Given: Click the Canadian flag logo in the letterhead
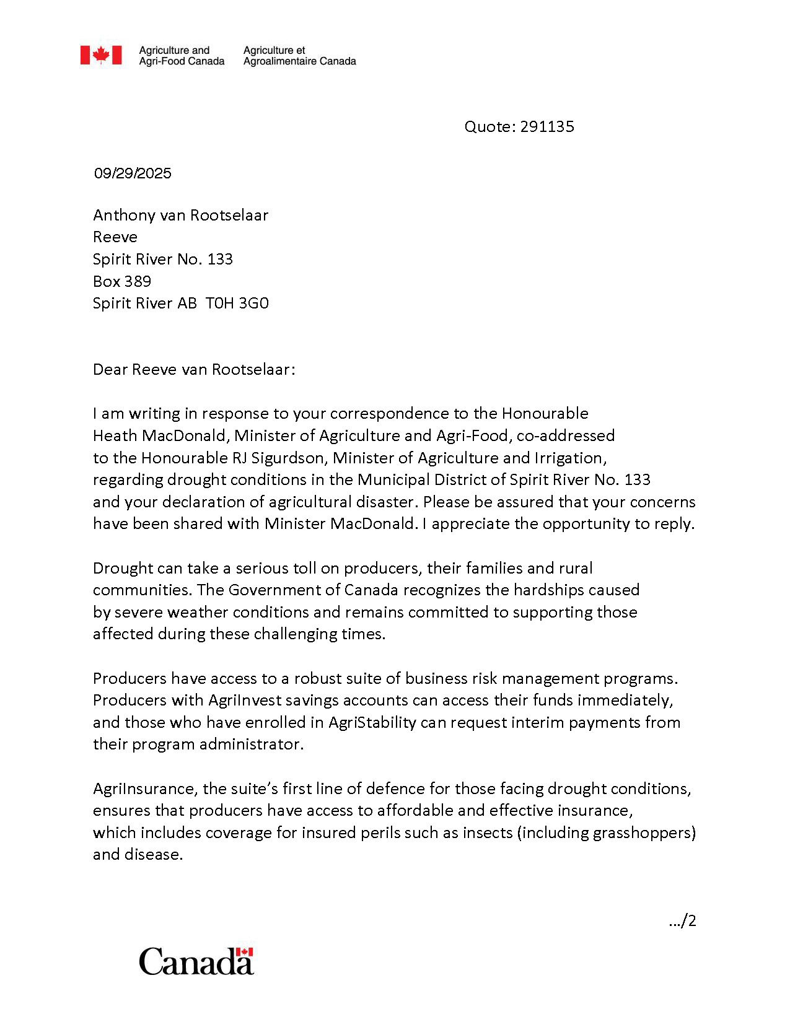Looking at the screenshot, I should (101, 55).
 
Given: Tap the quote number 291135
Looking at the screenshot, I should (547, 126).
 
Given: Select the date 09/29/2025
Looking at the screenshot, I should (133, 173).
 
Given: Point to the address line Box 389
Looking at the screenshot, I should (122, 281).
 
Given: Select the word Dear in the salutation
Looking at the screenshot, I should (110, 369).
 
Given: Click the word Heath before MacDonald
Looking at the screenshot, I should (115, 435).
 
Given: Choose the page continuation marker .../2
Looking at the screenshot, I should (683, 921).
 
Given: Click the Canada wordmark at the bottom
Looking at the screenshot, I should (196, 961).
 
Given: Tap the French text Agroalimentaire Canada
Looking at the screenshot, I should (299, 61).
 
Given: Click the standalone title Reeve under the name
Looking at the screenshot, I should (115, 237).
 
